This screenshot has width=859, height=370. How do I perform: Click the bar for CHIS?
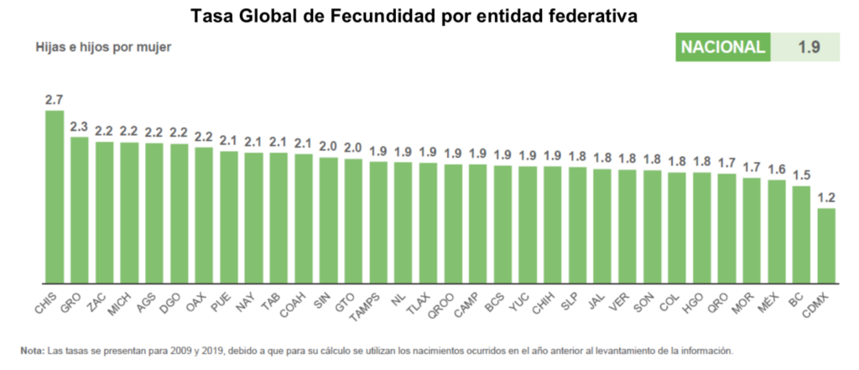[55, 196]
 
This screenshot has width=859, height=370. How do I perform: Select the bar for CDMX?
[826, 245]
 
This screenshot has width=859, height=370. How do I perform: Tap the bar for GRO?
[79, 210]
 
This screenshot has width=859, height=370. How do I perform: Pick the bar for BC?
[801, 234]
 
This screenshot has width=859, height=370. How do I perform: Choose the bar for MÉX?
[777, 231]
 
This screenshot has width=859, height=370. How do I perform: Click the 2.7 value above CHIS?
[55, 100]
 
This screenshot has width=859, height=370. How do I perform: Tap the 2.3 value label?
[79, 127]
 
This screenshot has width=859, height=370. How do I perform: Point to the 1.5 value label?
[801, 175]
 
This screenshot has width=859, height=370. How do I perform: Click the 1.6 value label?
[777, 169]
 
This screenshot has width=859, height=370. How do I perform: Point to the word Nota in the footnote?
[32, 350]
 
